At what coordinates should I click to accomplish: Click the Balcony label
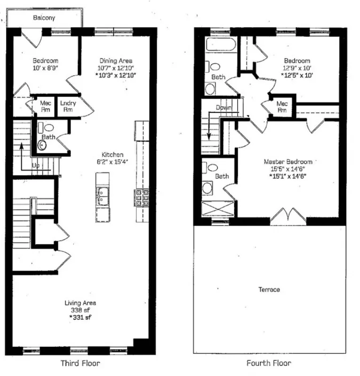tap(44, 18)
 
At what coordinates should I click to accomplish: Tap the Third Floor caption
tap(80, 363)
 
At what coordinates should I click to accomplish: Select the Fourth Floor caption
tap(269, 363)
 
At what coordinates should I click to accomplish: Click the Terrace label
tap(269, 290)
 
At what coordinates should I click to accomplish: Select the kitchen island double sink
tap(102, 196)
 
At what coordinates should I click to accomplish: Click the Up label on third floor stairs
tap(35, 165)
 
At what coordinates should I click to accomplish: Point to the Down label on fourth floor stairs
tap(224, 108)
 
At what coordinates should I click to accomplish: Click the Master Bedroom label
tap(288, 162)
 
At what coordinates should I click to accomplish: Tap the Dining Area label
tap(116, 61)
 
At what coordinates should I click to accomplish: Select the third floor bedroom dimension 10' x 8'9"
tap(45, 68)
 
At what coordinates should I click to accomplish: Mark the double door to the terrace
tap(288, 218)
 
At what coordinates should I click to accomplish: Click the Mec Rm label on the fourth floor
tap(282, 107)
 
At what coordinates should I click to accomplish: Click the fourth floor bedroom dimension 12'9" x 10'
tap(297, 68)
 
